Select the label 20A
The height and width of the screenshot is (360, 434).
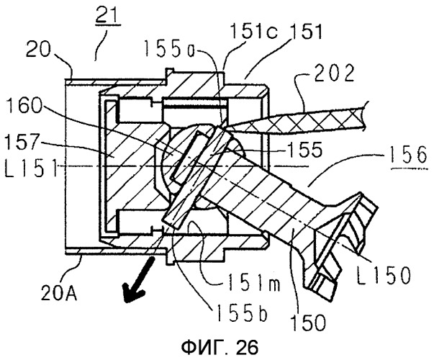(59, 293)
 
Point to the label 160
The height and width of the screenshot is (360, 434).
(23, 106)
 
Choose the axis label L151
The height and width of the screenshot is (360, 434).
(31, 168)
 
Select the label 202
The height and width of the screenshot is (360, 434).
(335, 73)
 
